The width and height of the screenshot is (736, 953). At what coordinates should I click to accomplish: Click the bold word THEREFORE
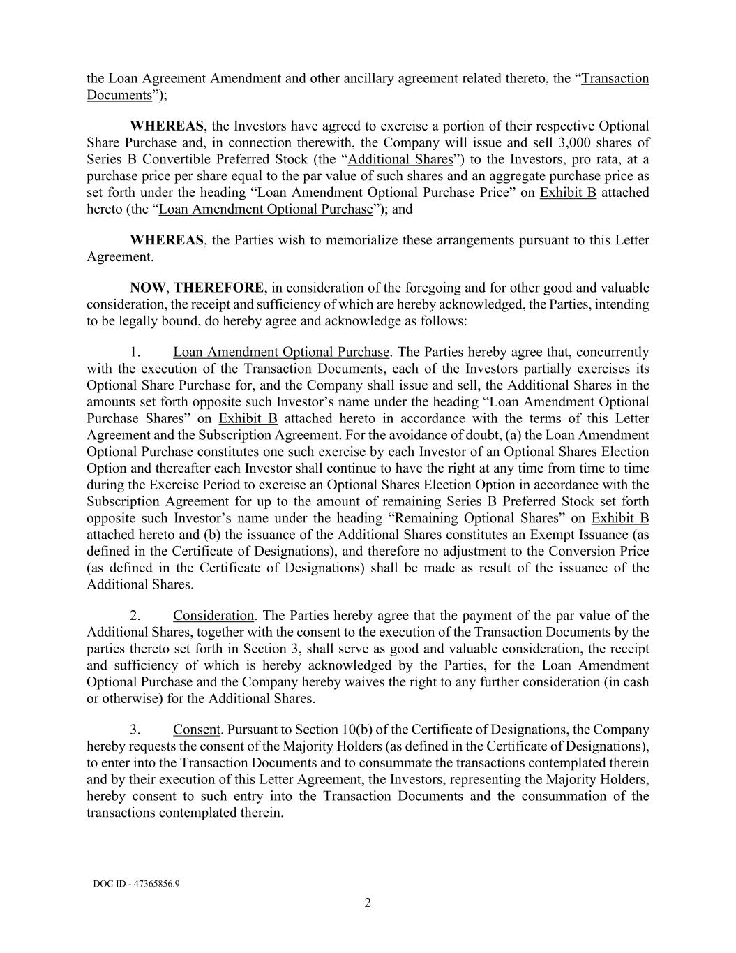pyautogui.click(x=218, y=288)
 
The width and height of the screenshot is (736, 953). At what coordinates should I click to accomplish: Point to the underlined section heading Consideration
pyautogui.click(x=213, y=615)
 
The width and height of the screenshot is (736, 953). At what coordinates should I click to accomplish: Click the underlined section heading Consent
pyautogui.click(x=197, y=730)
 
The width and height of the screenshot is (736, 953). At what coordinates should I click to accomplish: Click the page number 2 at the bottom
pyautogui.click(x=368, y=903)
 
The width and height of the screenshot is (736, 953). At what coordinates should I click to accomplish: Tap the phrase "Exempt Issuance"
pyautogui.click(x=583, y=535)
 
